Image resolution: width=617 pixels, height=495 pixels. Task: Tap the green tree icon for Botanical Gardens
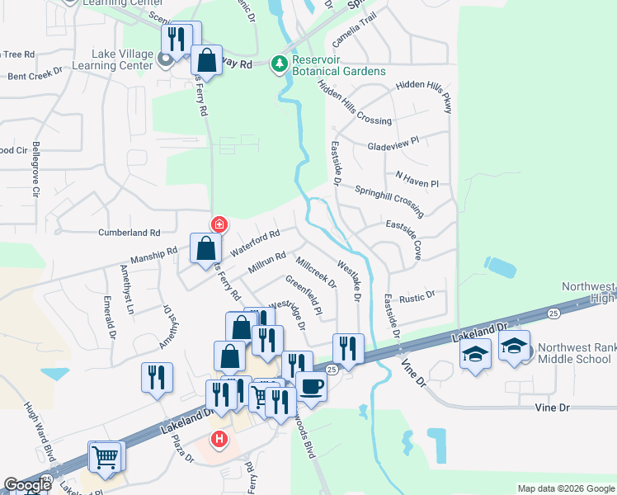point(281,63)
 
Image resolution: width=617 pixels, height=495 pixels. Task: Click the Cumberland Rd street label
point(129,233)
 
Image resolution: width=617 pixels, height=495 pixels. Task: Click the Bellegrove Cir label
point(36,169)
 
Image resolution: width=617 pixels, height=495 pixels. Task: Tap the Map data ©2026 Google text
point(565,488)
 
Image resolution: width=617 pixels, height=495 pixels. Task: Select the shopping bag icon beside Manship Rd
point(205,247)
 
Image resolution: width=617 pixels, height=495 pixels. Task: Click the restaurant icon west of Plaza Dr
point(155,377)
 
